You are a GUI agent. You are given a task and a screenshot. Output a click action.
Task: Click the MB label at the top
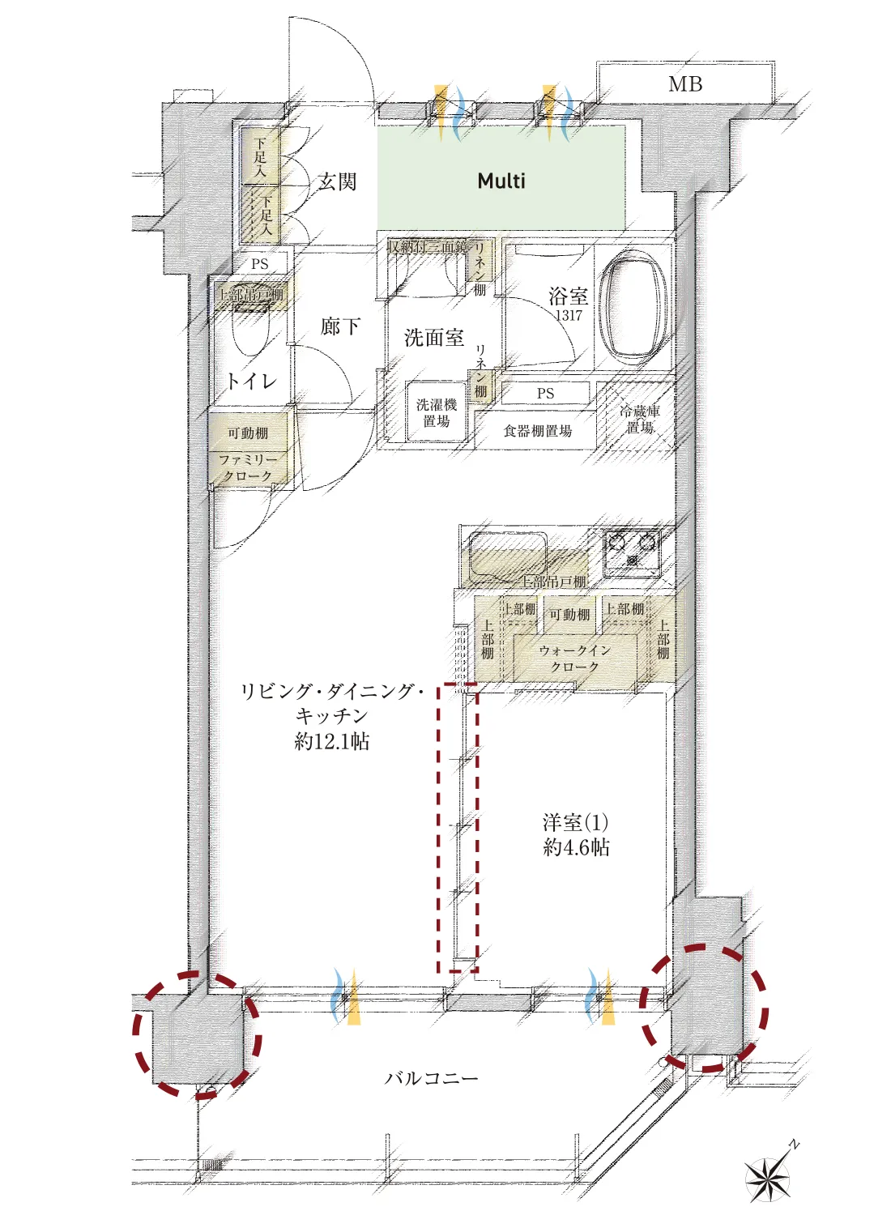click(x=685, y=84)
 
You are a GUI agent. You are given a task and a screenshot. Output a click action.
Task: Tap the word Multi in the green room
click(x=501, y=181)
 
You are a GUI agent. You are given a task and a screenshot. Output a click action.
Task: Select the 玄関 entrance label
click(x=337, y=181)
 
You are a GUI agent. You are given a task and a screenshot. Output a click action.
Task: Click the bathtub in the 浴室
click(x=637, y=307)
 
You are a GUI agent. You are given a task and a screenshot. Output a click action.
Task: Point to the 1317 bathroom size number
click(x=569, y=316)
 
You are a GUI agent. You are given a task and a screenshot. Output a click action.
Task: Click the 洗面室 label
click(x=434, y=338)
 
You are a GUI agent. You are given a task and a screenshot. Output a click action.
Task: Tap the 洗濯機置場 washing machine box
click(x=437, y=412)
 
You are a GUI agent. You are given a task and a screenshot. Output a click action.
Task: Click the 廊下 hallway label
click(x=340, y=326)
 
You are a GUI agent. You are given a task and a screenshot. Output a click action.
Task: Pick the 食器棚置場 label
click(x=538, y=431)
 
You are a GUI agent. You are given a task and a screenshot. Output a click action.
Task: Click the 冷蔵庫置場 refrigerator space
click(x=640, y=419)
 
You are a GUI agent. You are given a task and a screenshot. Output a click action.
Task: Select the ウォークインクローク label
click(x=574, y=659)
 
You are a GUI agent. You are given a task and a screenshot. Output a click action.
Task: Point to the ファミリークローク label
click(x=249, y=467)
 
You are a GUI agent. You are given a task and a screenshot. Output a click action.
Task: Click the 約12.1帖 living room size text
click(x=332, y=741)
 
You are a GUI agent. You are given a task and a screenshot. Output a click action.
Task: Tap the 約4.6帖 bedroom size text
click(x=576, y=847)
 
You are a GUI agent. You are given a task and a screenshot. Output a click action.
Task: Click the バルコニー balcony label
click(x=431, y=1078)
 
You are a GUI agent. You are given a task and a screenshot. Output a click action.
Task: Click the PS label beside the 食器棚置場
click(x=545, y=394)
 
